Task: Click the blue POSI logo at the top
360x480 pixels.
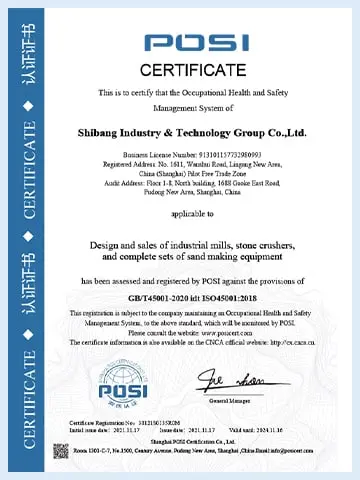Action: [197, 43]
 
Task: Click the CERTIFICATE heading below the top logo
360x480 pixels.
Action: [197, 70]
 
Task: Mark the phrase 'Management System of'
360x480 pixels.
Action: [197, 108]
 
